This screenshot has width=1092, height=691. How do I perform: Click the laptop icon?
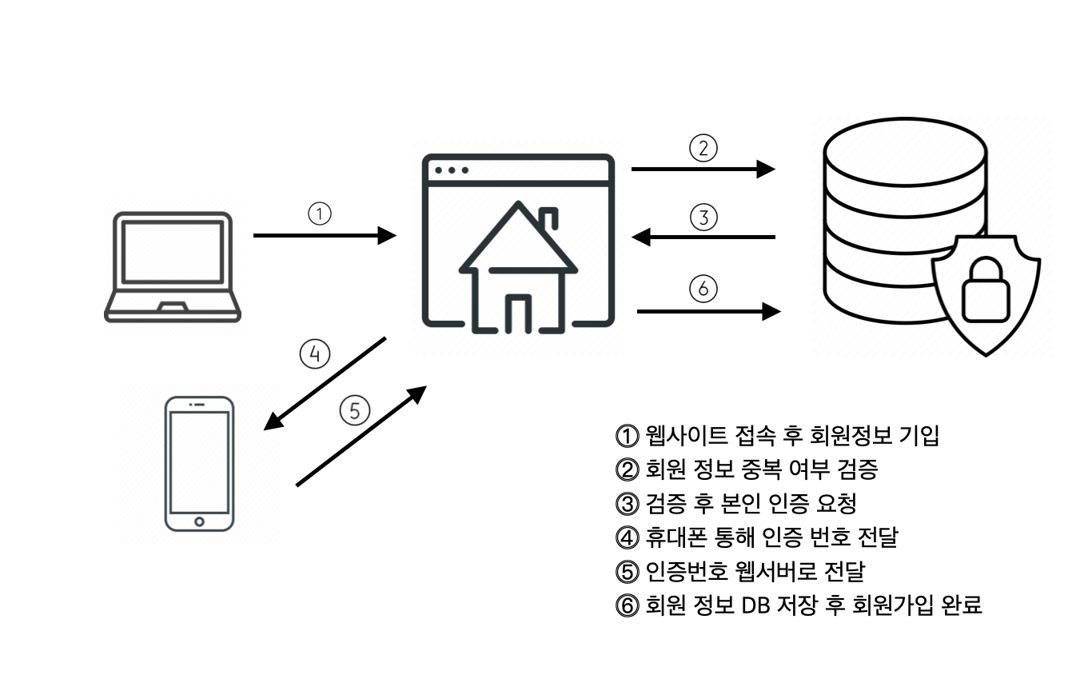tap(173, 266)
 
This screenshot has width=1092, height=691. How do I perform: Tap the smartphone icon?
tap(199, 462)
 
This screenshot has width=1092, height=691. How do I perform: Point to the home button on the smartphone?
tap(199, 521)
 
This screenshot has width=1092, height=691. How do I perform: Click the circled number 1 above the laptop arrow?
tap(319, 214)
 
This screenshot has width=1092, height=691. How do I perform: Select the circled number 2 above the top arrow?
tap(704, 149)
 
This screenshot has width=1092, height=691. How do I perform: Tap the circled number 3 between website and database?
tap(704, 217)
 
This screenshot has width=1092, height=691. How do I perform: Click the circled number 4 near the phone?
tap(314, 353)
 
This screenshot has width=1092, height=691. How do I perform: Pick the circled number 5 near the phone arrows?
tap(355, 410)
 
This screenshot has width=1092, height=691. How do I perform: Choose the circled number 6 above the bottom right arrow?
tap(703, 289)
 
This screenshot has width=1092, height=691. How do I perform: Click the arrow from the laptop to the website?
tap(325, 235)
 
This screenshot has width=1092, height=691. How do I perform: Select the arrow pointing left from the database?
tap(703, 237)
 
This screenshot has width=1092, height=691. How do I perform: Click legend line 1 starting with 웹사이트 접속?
tap(775, 436)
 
